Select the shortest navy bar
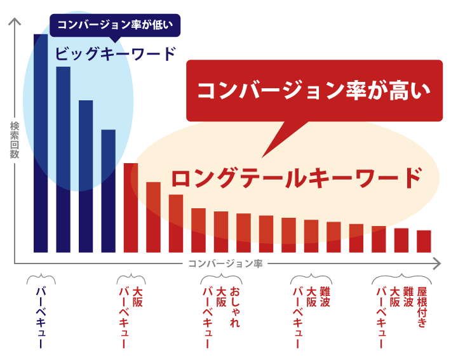tap(109, 190)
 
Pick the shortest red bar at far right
tap(424, 241)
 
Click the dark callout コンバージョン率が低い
tap(115, 25)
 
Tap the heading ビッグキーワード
tap(114, 54)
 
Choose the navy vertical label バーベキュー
tap(41, 317)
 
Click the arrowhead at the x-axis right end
tap(436, 262)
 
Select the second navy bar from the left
tap(64, 159)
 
